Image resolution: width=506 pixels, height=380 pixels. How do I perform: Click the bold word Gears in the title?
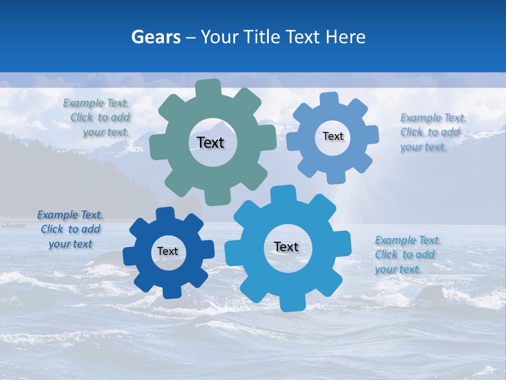pyautogui.click(x=155, y=37)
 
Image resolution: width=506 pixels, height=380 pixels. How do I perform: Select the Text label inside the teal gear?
pyautogui.click(x=210, y=142)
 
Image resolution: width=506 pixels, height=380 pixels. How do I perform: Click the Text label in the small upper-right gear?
pyautogui.click(x=333, y=136)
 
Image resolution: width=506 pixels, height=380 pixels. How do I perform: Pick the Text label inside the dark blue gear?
pyautogui.click(x=168, y=251)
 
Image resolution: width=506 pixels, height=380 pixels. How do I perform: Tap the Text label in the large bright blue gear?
pyautogui.click(x=286, y=246)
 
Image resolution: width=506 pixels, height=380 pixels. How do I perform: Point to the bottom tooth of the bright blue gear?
pyautogui.click(x=291, y=303)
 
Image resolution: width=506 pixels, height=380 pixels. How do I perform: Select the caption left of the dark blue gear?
pyautogui.click(x=70, y=230)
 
